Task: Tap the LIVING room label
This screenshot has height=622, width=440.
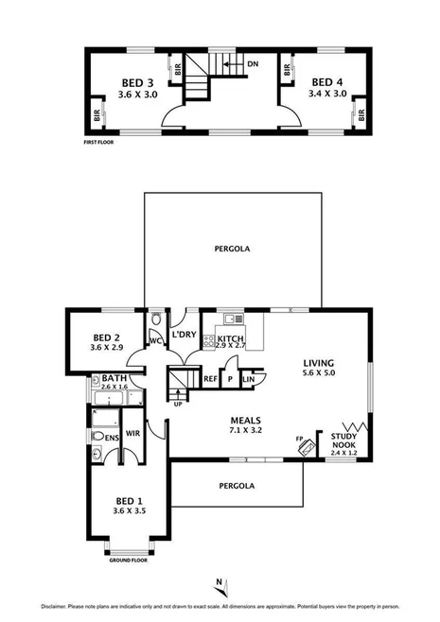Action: pos(319,362)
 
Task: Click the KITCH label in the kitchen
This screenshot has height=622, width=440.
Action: pos(230,338)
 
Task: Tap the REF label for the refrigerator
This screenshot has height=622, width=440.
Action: pos(211,378)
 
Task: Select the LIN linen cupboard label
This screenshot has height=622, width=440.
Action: pos(248,379)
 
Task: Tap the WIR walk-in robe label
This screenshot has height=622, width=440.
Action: pos(133,435)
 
